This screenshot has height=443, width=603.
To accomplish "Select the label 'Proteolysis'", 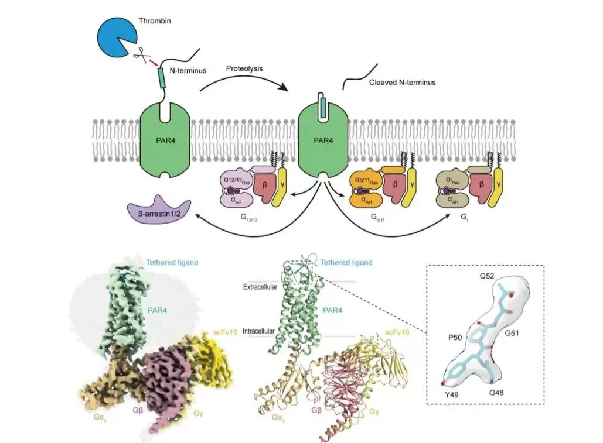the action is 244,68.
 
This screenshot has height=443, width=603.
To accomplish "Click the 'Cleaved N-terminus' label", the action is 402,82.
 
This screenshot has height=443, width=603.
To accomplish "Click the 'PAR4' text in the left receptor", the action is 166,140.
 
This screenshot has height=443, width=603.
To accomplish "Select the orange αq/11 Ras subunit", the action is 366,180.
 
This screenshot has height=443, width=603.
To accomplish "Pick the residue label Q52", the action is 486,276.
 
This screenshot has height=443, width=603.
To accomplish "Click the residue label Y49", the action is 451,394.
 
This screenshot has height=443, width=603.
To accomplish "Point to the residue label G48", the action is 496,393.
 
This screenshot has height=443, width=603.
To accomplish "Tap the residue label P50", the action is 455,338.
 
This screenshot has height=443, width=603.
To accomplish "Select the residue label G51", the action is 512,333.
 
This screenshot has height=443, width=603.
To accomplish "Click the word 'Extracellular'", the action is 260,287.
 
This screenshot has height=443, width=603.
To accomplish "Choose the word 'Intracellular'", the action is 258,331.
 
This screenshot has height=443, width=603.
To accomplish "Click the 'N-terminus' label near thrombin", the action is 188,71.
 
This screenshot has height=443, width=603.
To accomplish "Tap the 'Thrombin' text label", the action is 155,21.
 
